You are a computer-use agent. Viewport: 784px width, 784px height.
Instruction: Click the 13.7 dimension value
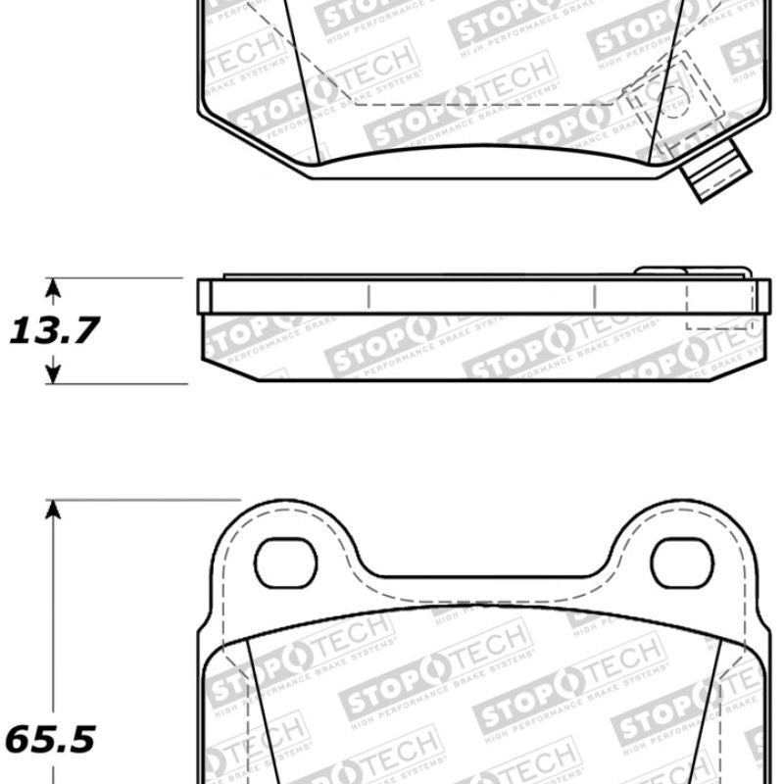54,331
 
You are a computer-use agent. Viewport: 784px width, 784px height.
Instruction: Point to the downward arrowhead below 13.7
54,373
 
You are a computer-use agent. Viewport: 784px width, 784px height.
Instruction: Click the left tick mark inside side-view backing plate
367,296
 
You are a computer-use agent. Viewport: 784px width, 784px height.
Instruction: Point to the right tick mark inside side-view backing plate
596,296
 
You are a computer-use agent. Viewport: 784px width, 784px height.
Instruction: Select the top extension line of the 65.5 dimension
137,500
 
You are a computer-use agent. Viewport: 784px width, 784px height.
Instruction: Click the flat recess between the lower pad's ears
480,575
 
